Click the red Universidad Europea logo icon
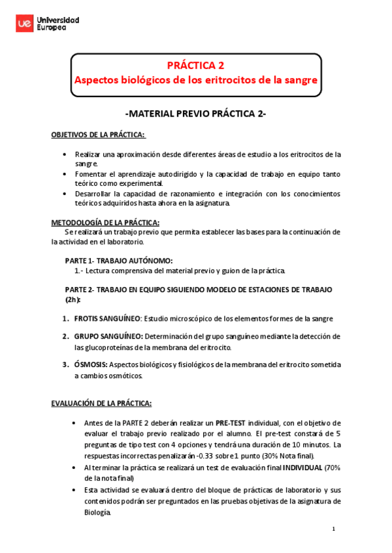tap(24, 24)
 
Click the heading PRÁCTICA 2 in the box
tap(195, 65)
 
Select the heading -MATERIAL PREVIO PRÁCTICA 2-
tap(195, 113)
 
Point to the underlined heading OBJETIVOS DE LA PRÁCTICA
tap(98, 135)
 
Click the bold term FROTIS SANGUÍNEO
tap(107, 318)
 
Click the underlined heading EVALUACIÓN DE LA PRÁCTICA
tap(101, 402)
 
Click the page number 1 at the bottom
tap(333, 528)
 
